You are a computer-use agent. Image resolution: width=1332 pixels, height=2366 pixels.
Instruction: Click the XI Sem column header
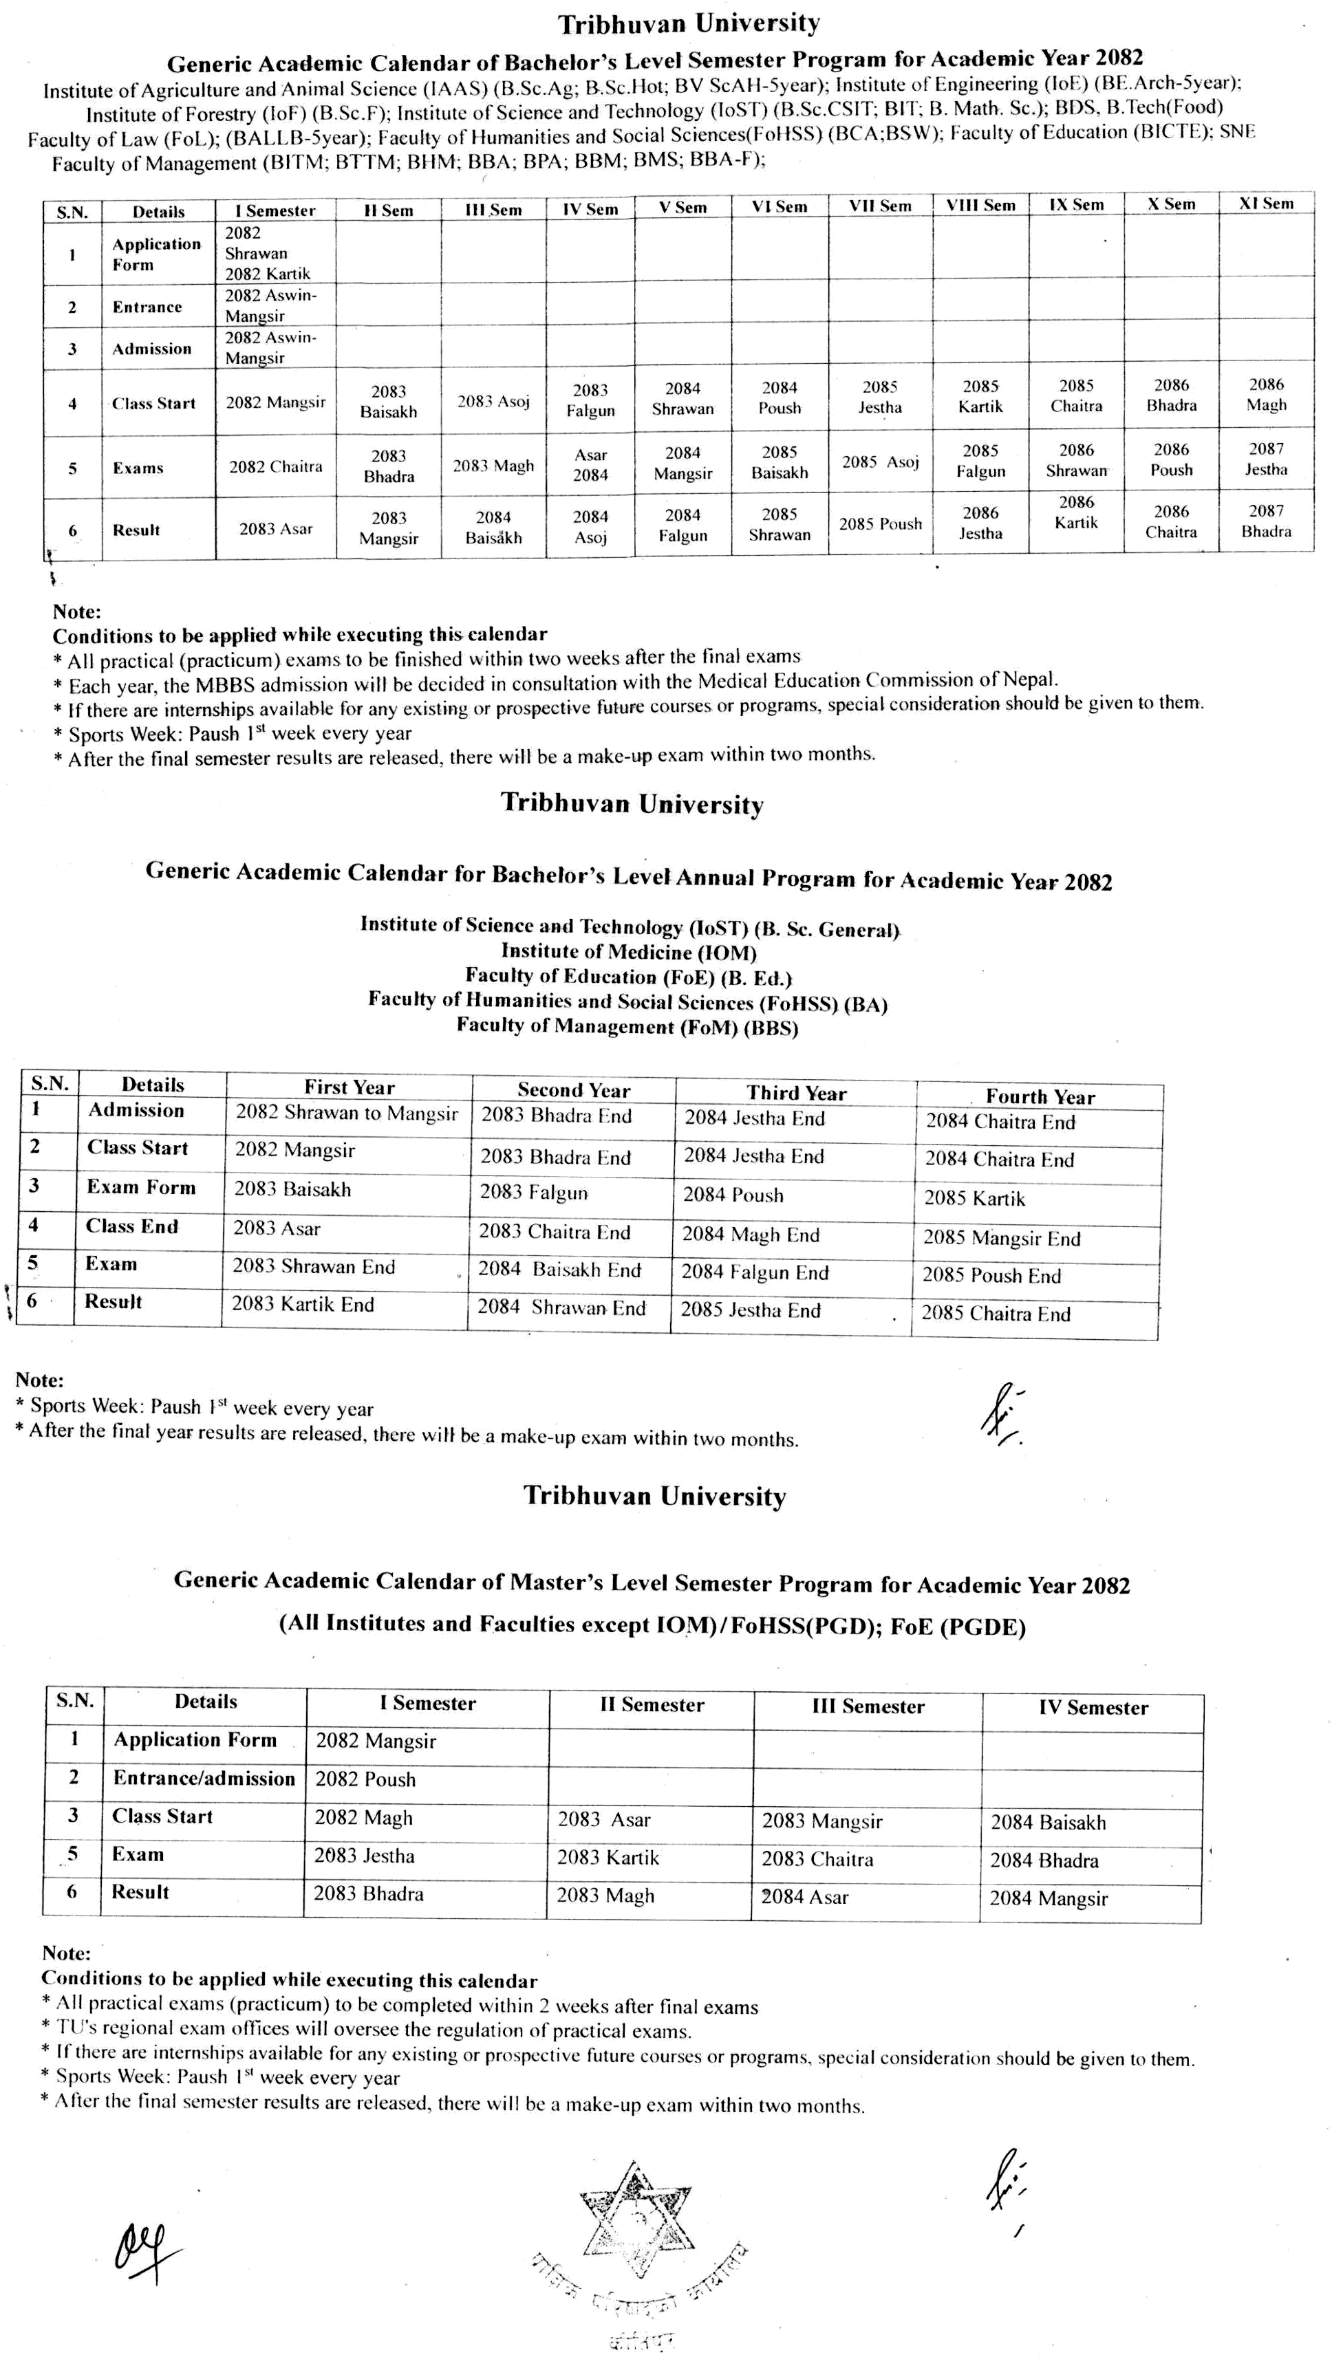1265,204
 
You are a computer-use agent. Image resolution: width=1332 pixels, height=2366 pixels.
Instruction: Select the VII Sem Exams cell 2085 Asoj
880,462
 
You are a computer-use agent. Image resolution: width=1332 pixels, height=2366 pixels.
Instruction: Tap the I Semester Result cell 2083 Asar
276,529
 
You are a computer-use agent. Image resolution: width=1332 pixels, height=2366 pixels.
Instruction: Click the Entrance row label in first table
147,307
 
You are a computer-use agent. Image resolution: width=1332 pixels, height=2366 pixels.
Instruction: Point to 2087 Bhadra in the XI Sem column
1265,521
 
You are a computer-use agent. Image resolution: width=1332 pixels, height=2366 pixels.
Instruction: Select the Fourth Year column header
1039,1096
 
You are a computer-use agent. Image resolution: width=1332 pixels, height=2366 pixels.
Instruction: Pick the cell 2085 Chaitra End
996,1314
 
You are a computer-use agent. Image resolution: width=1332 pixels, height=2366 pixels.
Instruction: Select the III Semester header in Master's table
867,1706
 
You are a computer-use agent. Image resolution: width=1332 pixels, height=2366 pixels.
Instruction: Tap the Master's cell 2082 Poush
365,1779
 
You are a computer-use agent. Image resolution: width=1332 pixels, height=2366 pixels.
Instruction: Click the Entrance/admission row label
204,1778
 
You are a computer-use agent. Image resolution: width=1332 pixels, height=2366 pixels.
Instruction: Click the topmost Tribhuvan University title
689,22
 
